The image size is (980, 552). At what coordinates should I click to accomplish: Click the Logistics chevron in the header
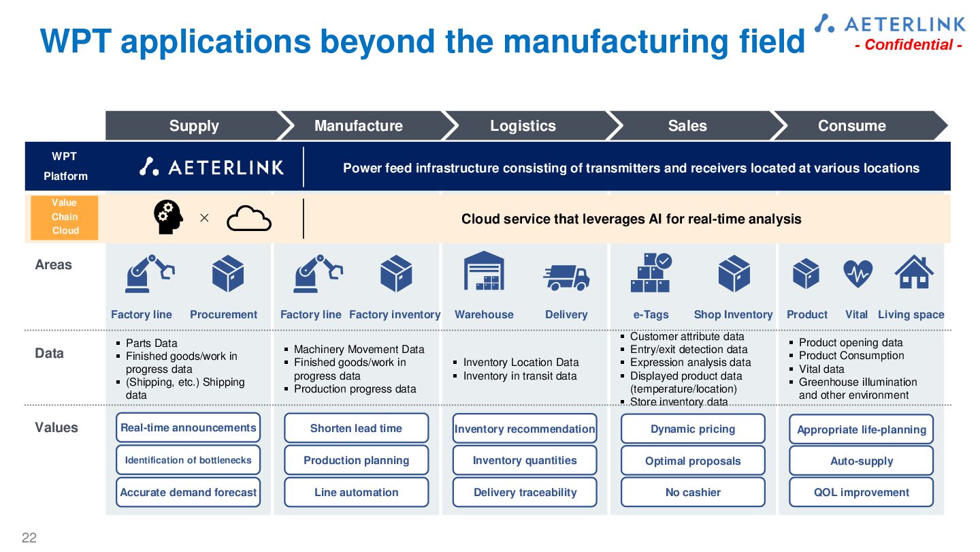click(x=523, y=126)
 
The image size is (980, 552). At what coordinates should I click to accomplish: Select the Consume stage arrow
click(x=852, y=126)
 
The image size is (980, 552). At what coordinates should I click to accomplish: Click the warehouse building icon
click(x=484, y=271)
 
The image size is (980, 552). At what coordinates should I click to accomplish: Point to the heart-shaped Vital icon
click(x=857, y=273)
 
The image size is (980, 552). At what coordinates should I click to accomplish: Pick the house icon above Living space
click(x=913, y=273)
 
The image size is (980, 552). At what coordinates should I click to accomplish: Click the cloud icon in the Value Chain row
click(x=248, y=219)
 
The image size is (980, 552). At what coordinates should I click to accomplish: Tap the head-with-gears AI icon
click(x=168, y=218)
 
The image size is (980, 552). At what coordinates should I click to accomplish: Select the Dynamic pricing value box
click(x=693, y=429)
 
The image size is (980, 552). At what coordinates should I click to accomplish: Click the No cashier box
click(x=693, y=492)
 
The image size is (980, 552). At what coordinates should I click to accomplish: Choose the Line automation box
click(x=356, y=492)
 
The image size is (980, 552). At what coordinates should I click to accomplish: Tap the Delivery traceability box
click(x=525, y=492)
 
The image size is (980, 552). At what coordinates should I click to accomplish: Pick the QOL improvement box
click(x=861, y=492)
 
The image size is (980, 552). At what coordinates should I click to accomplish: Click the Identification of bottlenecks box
click(x=188, y=460)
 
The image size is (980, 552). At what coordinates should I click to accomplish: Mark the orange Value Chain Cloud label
click(x=65, y=217)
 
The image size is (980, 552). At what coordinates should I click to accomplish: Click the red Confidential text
click(x=908, y=45)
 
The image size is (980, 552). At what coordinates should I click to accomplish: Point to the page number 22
click(x=29, y=538)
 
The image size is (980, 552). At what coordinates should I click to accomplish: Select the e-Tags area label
click(x=651, y=314)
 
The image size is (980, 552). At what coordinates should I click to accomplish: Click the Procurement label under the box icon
click(x=223, y=314)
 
